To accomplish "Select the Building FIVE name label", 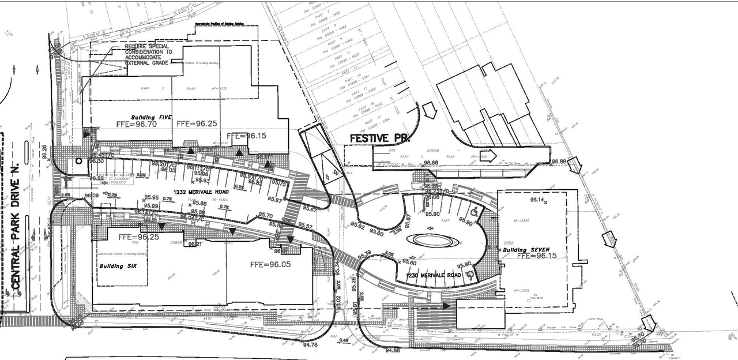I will (x=152, y=116).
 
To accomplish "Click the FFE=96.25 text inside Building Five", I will (x=197, y=124).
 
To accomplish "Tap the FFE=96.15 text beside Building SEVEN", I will (x=537, y=256).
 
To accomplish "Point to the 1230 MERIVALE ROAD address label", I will (x=434, y=276).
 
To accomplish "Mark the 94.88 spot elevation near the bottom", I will (x=392, y=350).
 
